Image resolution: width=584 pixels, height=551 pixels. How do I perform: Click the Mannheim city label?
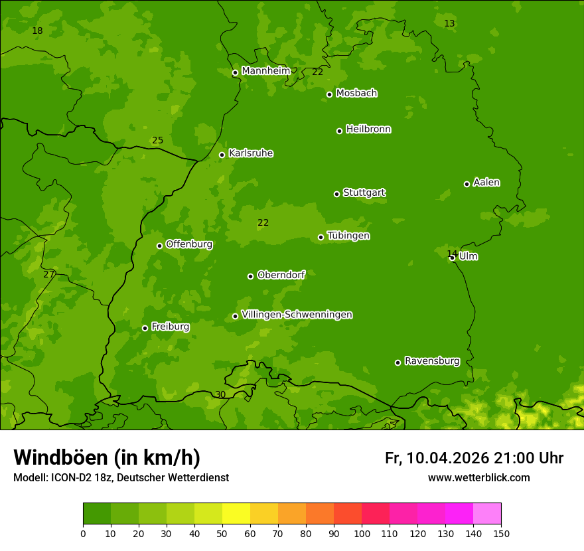click(x=265, y=71)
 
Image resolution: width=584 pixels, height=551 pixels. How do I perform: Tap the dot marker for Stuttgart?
click(x=336, y=194)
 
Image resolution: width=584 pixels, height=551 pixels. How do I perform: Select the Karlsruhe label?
click(x=251, y=153)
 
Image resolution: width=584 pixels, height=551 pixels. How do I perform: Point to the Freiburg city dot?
click(x=145, y=328)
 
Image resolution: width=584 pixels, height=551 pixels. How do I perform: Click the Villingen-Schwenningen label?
click(x=297, y=315)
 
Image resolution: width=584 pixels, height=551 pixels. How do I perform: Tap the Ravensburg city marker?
click(x=398, y=362)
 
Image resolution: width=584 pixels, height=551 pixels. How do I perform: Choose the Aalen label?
click(x=486, y=183)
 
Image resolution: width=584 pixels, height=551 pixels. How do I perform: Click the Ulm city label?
click(x=468, y=256)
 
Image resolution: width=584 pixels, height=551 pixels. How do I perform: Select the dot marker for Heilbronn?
click(x=339, y=131)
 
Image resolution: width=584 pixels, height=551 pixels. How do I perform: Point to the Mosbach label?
click(x=356, y=94)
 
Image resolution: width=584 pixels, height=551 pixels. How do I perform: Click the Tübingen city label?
click(x=348, y=236)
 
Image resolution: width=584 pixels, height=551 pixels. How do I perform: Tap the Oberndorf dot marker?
click(x=250, y=276)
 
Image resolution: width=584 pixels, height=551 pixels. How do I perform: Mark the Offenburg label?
click(x=189, y=244)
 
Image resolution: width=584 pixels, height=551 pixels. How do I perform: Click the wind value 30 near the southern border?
click(x=220, y=394)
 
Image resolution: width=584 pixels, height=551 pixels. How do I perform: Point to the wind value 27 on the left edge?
click(x=48, y=274)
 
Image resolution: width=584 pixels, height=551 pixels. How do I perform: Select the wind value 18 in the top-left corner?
click(x=37, y=31)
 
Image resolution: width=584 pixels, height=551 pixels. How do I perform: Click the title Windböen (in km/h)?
click(x=107, y=457)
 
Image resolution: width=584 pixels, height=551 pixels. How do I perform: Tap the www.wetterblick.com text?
click(x=478, y=477)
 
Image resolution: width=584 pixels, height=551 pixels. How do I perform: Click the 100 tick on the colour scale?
click(x=362, y=533)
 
